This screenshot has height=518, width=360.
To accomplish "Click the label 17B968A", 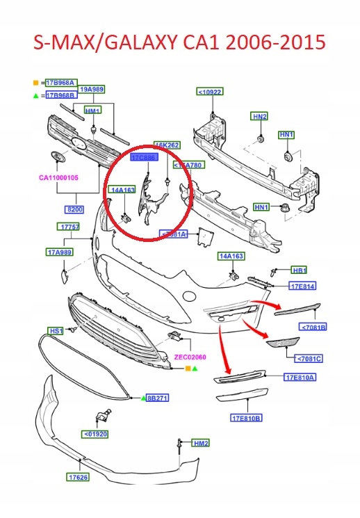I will click(61, 82).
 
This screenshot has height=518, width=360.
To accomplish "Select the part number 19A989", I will click(92, 89).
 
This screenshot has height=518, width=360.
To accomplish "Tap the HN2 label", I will click(259, 116).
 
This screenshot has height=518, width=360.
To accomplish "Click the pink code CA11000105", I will click(54, 178).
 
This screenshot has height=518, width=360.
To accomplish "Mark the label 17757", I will click(69, 227).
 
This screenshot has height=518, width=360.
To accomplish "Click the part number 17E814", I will click(303, 286).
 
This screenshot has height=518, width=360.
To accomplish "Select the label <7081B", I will click(313, 327).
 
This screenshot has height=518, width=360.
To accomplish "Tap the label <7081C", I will click(309, 359).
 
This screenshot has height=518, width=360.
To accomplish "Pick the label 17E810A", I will click(300, 378).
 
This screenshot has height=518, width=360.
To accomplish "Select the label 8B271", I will click(158, 398).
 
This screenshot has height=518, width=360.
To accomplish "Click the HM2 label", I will click(201, 443).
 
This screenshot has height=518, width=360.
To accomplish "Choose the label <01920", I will click(96, 435).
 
